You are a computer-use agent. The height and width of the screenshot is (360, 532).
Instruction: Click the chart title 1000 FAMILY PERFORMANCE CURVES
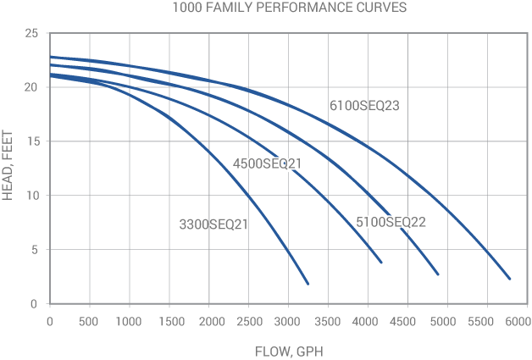(x=265, y=9)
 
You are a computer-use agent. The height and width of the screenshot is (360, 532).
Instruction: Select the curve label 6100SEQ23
(x=363, y=106)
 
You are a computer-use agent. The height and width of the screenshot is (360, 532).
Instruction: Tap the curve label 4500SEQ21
(x=267, y=163)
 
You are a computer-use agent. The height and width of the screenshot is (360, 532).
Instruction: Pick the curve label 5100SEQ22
(x=390, y=223)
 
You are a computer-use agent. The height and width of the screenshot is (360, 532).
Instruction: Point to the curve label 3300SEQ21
(x=213, y=224)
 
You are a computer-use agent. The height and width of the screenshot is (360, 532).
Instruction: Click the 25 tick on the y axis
(x=31, y=33)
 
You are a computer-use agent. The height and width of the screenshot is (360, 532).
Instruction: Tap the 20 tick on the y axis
(x=31, y=87)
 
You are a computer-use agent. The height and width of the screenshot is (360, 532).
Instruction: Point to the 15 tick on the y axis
(x=31, y=141)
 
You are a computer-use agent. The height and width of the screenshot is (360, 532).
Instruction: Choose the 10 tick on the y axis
(x=31, y=196)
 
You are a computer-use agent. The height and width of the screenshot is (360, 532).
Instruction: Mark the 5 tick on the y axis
(x=35, y=250)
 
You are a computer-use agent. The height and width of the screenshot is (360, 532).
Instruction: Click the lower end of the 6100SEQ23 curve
(x=510, y=279)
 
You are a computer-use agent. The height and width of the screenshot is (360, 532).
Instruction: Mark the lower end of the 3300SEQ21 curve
(x=308, y=284)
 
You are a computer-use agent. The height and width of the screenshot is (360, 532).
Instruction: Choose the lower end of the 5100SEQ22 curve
(x=438, y=274)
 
